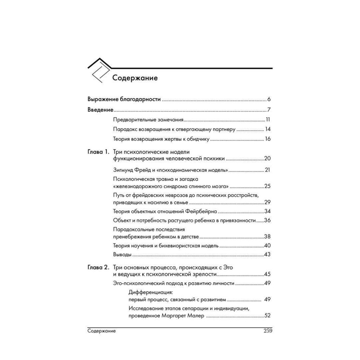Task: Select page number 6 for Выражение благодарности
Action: pos(269,99)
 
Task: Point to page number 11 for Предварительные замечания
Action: pos(268,120)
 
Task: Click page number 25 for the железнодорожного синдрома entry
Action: pos(267,186)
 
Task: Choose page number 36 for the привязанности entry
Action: pos(267,220)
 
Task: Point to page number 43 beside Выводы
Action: pos(267,255)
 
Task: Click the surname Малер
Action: pos(197,316)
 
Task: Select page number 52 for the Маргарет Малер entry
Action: pos(267,316)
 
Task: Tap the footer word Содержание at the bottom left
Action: pos(102,331)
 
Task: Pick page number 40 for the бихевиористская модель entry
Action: pos(267,246)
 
